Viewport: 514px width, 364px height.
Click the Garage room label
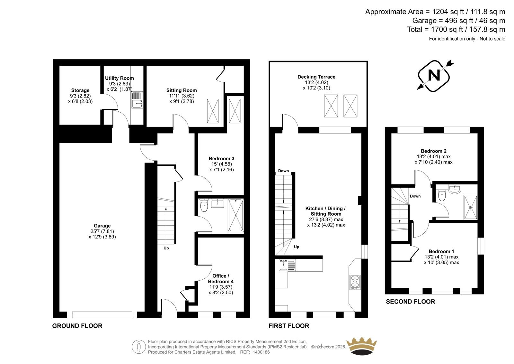(102, 226)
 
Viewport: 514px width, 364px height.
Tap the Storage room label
(80, 90)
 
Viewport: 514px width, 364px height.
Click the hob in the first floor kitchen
(355, 282)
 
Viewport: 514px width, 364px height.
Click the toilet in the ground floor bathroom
(204, 205)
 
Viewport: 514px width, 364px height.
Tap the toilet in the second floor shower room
(442, 196)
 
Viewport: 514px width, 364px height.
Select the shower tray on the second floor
(471, 207)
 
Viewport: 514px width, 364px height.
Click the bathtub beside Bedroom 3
(236, 215)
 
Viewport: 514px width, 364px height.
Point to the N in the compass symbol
(434, 75)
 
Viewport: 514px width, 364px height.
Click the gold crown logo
(362, 346)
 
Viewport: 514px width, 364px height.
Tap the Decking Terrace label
(316, 77)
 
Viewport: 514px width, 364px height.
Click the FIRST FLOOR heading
(289, 326)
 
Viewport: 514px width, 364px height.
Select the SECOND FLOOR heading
(411, 302)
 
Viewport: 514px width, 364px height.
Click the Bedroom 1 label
(441, 251)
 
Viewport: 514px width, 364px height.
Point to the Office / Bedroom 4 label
(221, 279)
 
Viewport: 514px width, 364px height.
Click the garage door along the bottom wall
(102, 315)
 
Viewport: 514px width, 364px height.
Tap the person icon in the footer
(139, 347)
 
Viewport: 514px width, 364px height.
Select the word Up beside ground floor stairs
(166, 248)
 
